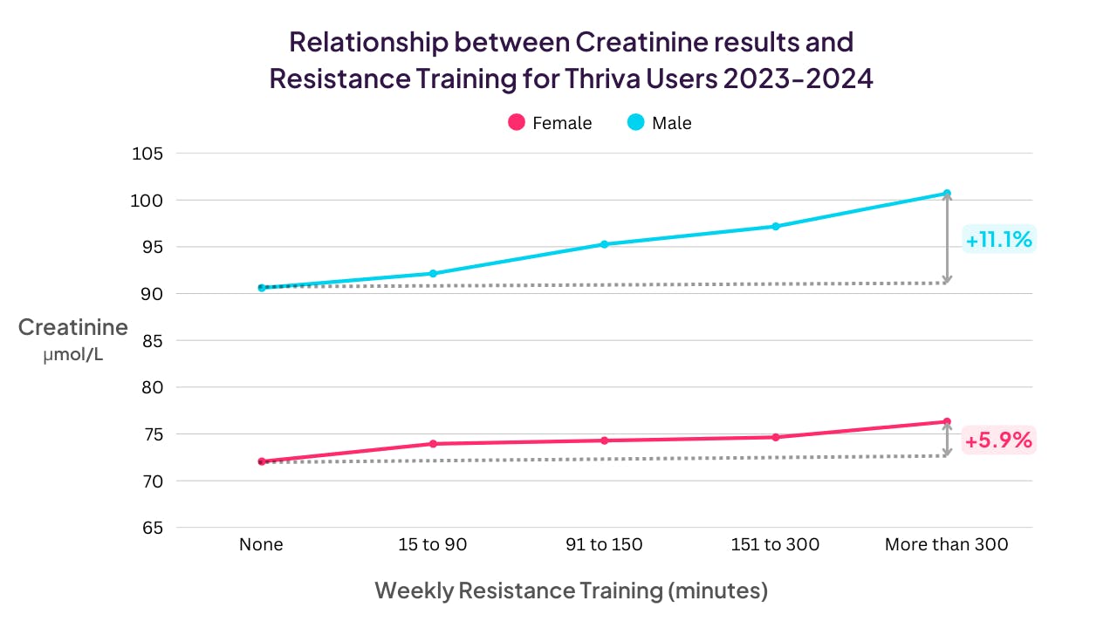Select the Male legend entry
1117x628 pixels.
660,123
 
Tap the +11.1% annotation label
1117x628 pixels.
999,239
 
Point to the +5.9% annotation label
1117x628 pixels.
997,440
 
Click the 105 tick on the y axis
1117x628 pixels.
147,154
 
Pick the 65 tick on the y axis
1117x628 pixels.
152,528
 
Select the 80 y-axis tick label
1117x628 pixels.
152,387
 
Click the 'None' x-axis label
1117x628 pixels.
261,545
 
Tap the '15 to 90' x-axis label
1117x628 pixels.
432,545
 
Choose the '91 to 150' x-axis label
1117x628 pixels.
603,545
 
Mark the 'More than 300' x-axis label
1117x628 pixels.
946,545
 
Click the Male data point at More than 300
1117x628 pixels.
947,194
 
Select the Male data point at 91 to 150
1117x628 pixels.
603,244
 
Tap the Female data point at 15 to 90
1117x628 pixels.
432,444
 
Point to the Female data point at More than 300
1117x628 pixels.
947,421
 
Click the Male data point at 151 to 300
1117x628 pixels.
775,226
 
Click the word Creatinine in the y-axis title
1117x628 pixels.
73,327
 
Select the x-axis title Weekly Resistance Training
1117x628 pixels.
571,590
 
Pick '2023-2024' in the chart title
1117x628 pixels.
798,78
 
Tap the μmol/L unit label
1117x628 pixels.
73,355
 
